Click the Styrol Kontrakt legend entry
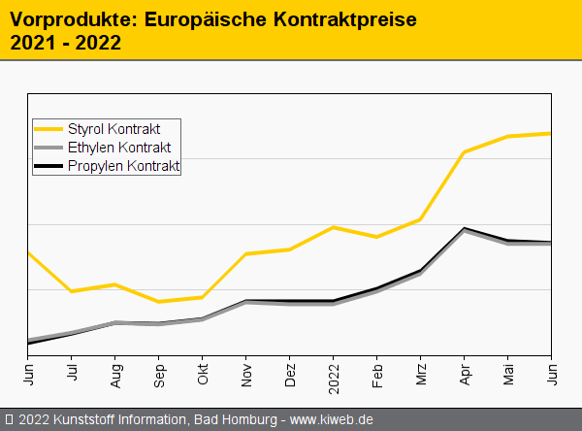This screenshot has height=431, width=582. point(113,129)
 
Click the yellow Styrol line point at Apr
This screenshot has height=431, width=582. point(465,152)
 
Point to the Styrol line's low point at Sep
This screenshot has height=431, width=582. point(159,302)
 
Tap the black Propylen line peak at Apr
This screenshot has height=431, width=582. point(465,228)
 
